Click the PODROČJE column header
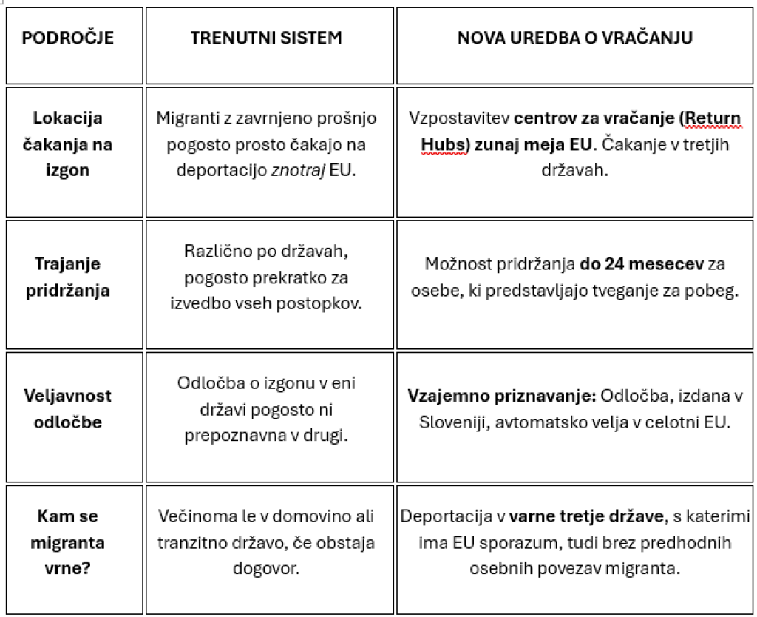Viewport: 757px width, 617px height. (68, 38)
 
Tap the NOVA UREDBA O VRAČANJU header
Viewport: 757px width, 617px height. (574, 38)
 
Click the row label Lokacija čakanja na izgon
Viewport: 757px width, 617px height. (68, 144)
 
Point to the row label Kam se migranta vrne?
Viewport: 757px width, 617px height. (68, 542)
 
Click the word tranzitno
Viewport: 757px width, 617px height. (192, 542)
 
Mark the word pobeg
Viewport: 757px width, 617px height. (716, 291)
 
